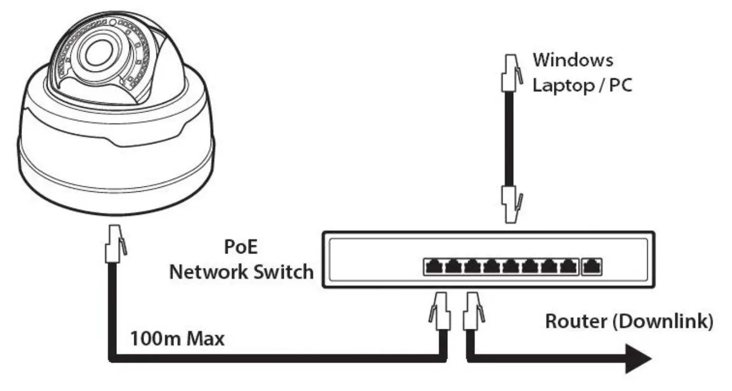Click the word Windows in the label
pyautogui.click(x=573, y=60)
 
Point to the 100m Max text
pyautogui.click(x=177, y=341)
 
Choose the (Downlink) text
pyautogui.click(x=669, y=321)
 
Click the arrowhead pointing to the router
pyautogui.click(x=638, y=359)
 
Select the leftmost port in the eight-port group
pyautogui.click(x=434, y=266)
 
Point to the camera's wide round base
pyautogui.click(x=115, y=179)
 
